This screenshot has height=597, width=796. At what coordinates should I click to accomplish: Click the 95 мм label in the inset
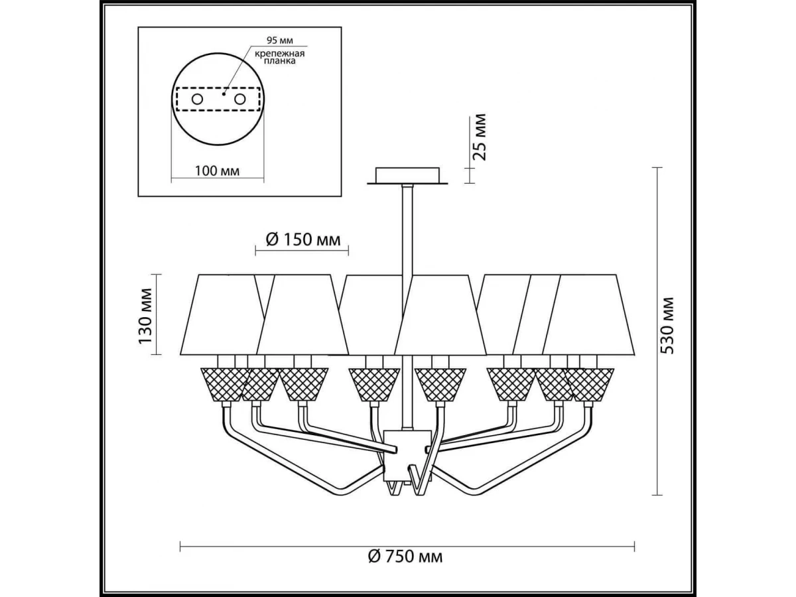coord(280,40)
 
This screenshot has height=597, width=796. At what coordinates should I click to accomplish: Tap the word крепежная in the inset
coord(279,54)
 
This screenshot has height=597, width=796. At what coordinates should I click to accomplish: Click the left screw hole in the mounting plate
coord(197,99)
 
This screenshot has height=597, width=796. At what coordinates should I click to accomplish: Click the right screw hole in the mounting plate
coord(239,99)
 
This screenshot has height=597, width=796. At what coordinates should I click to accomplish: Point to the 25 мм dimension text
coord(480,137)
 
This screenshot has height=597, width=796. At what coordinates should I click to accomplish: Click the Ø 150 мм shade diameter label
coord(303,239)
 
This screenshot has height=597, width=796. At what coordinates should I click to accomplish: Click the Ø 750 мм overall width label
coord(405,566)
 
